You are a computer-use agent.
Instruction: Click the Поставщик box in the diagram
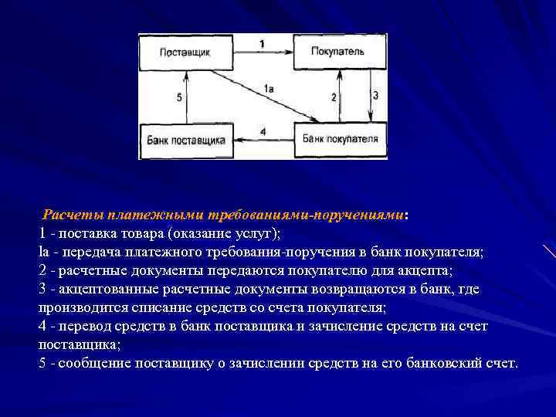click(185, 52)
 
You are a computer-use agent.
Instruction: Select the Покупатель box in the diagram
click(337, 52)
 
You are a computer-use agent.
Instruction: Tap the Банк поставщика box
click(185, 140)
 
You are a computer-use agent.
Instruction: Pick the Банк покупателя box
click(340, 139)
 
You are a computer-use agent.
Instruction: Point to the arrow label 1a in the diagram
click(269, 90)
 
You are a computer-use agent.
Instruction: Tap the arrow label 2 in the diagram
click(334, 97)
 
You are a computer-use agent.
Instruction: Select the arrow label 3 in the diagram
click(375, 96)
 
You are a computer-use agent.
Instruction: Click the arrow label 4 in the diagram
click(263, 132)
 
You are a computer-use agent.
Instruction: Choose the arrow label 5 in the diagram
click(178, 97)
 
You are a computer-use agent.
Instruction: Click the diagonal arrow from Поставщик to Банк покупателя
click(255, 96)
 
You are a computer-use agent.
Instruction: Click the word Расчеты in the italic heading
click(73, 214)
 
